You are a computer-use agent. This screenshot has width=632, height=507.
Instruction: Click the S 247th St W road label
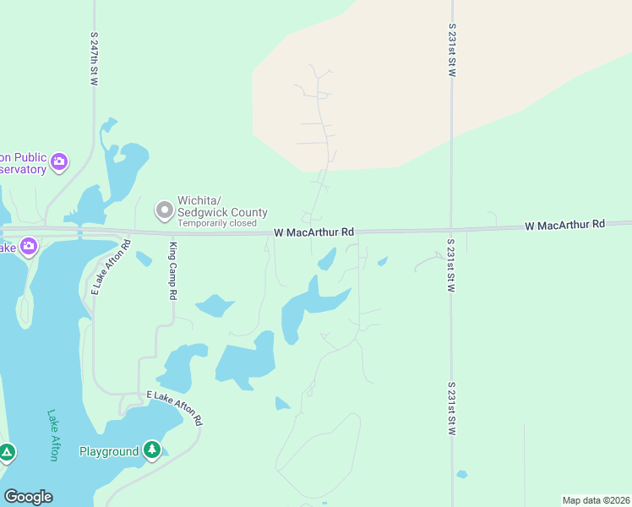[95, 58]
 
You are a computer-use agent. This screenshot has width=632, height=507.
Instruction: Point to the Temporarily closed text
[217, 224]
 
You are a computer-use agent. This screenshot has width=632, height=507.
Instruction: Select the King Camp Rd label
[172, 271]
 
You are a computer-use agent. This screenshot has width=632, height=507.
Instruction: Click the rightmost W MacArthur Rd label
[565, 225]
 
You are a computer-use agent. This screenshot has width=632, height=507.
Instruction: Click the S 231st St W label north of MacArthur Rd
[452, 51]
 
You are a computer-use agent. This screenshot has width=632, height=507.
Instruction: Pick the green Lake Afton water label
[53, 435]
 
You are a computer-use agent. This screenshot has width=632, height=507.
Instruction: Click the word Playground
[109, 451]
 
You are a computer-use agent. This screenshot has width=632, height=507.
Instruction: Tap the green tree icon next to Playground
[152, 450]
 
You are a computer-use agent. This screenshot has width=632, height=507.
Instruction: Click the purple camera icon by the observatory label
[59, 161]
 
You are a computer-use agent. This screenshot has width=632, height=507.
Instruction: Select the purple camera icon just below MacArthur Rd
[29, 247]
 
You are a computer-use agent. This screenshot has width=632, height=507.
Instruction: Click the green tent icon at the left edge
[7, 454]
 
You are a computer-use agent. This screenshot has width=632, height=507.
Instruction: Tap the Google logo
[28, 497]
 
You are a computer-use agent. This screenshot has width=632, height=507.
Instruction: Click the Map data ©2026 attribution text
[596, 500]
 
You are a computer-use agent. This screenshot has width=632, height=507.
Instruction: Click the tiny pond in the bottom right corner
[461, 474]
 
